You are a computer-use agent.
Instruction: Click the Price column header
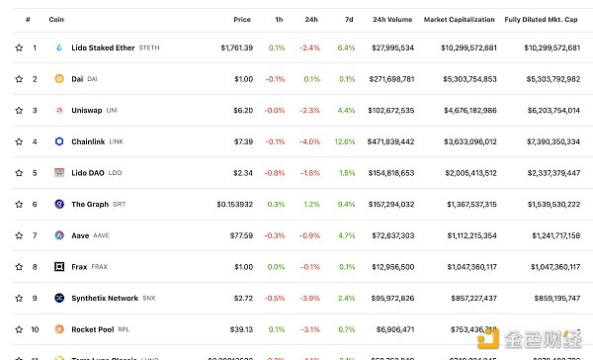[242, 19]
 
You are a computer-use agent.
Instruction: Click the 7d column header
[348, 19]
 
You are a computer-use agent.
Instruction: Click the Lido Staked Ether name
[103, 47]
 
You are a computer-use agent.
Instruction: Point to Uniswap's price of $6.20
[242, 110]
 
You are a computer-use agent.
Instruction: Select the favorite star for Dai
[18, 78]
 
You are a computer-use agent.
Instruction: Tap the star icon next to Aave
[18, 235]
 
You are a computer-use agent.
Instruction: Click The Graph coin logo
[60, 204]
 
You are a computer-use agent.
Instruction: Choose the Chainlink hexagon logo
[60, 141]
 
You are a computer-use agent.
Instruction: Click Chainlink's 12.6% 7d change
[345, 141]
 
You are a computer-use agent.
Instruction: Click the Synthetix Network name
[105, 298]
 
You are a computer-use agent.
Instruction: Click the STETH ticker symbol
[149, 47]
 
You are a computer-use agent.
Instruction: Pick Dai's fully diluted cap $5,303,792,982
[540, 78]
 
